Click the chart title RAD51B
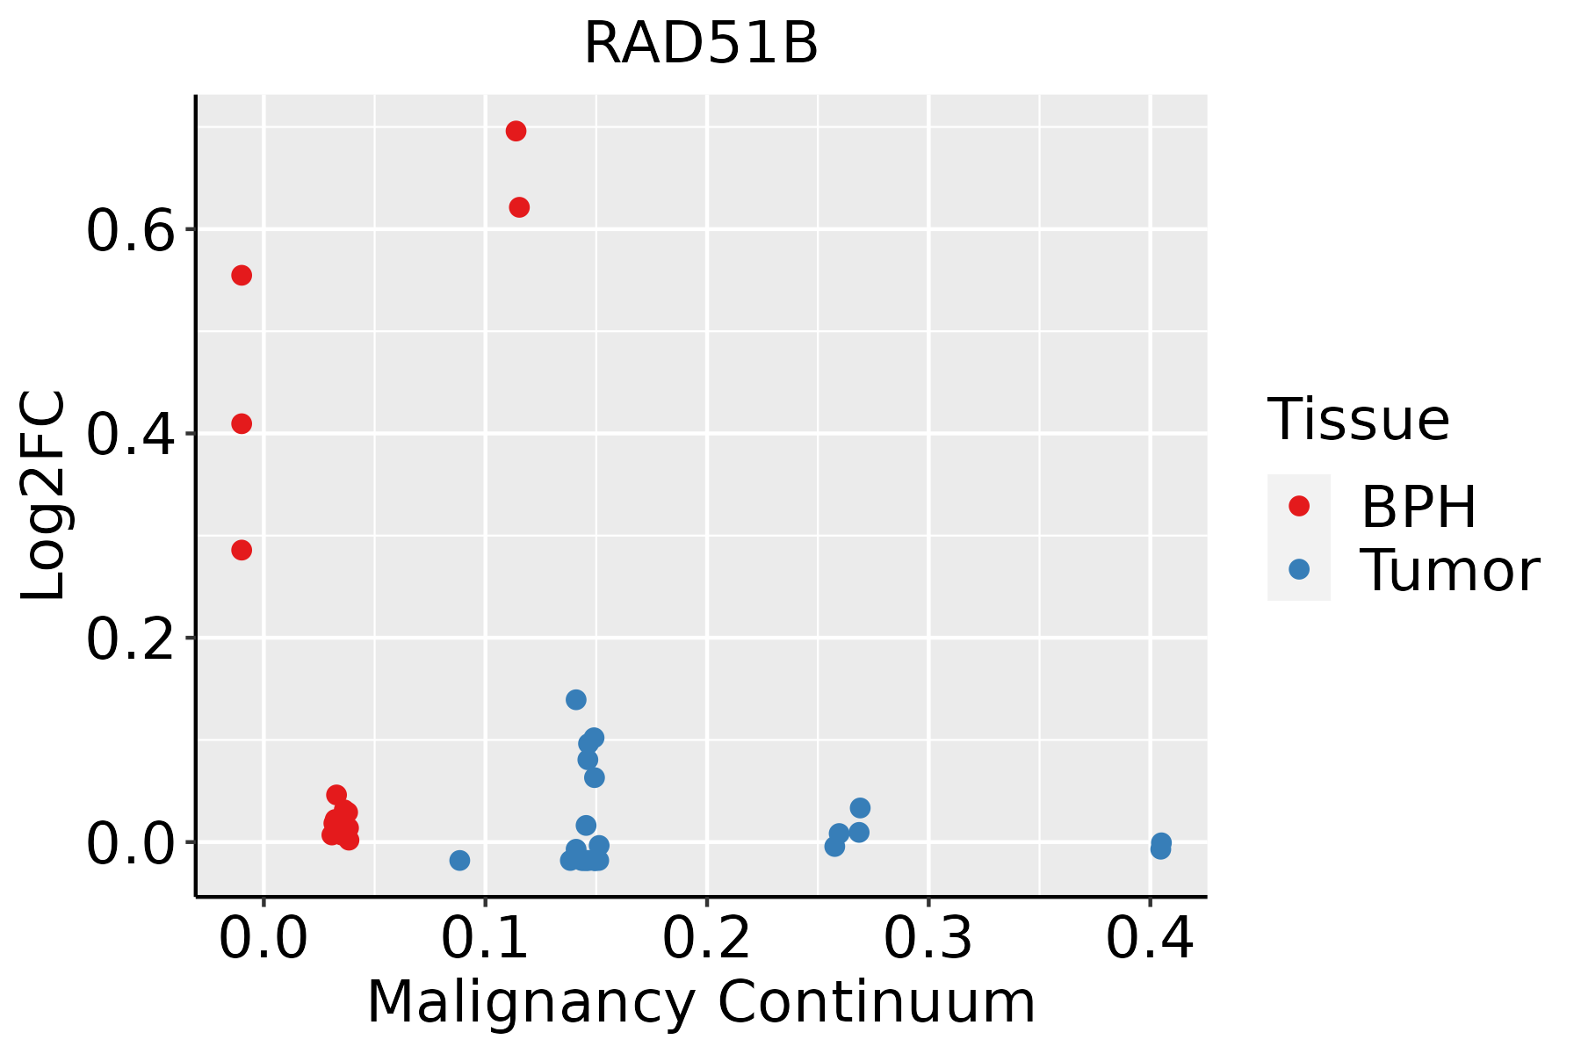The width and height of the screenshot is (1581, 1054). click(x=701, y=44)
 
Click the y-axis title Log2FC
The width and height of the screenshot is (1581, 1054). click(x=44, y=496)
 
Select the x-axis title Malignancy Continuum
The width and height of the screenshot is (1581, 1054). click(x=701, y=1002)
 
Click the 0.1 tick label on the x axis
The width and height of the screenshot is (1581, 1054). click(x=485, y=938)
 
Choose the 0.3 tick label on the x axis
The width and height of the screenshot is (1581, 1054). click(x=928, y=938)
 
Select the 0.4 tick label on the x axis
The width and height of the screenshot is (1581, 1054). click(x=1149, y=938)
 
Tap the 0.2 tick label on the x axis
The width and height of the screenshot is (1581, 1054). click(x=706, y=938)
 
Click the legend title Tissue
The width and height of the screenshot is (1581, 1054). click(x=1359, y=420)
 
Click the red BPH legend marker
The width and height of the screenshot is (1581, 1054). click(x=1299, y=506)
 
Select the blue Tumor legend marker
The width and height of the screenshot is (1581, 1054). click(x=1299, y=569)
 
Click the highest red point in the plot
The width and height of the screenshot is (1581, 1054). click(x=516, y=132)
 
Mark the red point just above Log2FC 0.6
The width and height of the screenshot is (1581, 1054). click(x=519, y=207)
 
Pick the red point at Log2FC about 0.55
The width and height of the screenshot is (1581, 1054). click(x=242, y=276)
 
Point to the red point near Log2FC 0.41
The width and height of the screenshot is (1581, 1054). click(x=242, y=424)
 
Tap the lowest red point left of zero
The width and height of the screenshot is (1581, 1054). click(x=242, y=551)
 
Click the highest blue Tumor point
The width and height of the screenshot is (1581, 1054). click(x=576, y=700)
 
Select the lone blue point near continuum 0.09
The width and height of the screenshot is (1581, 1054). click(x=459, y=861)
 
